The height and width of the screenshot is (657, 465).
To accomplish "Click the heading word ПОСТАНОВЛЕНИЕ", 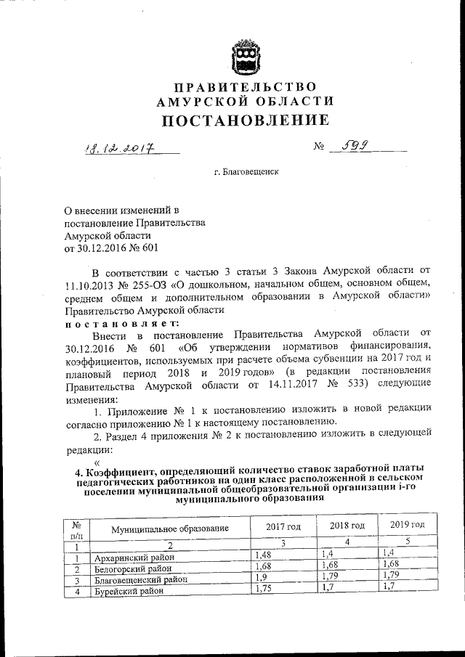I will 245,120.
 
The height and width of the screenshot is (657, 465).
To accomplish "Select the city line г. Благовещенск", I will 246,171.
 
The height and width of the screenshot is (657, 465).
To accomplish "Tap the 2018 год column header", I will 347,525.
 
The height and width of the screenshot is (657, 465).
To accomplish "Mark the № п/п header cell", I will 76,529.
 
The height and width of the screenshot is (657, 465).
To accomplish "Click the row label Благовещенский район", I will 139,579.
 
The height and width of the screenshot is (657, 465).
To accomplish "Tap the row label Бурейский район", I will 129,591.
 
